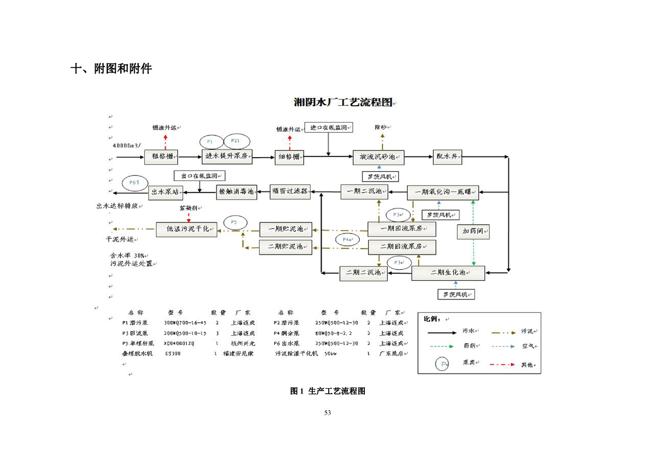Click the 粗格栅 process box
pos(161,156)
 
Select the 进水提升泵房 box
pos(228,156)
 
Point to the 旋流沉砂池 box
pos(378,156)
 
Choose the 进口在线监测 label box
pos(329,127)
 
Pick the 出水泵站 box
pos(166,191)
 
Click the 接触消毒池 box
pos(236,192)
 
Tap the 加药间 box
pos(473,231)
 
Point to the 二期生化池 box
pos(448,273)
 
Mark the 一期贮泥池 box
pos(285,228)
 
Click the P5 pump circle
pos(234,222)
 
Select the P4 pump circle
pos(347,239)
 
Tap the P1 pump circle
pos(211,141)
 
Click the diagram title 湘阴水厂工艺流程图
pos(342,103)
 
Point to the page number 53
pos(327,413)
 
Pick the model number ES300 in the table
pos(173,353)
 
